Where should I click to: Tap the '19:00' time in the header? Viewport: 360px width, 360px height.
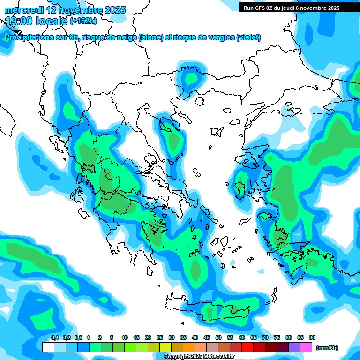click(x=20, y=21)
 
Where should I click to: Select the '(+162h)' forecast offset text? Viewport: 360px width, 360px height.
click(x=83, y=21)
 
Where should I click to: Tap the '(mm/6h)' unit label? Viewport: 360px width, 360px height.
click(x=327, y=348)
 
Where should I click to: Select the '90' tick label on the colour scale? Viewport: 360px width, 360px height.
click(x=312, y=337)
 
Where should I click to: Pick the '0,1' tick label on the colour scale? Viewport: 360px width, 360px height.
click(x=54, y=337)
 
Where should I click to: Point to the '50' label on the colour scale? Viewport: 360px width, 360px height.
click(x=218, y=337)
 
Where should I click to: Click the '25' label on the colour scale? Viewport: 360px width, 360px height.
click(x=160, y=337)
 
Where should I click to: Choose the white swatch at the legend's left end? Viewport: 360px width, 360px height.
click(x=48, y=347)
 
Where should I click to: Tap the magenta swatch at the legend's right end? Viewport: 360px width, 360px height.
click(x=306, y=347)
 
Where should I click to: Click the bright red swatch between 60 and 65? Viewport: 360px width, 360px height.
click(x=247, y=347)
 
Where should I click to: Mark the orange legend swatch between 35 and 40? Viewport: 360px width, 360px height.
click(x=189, y=347)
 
